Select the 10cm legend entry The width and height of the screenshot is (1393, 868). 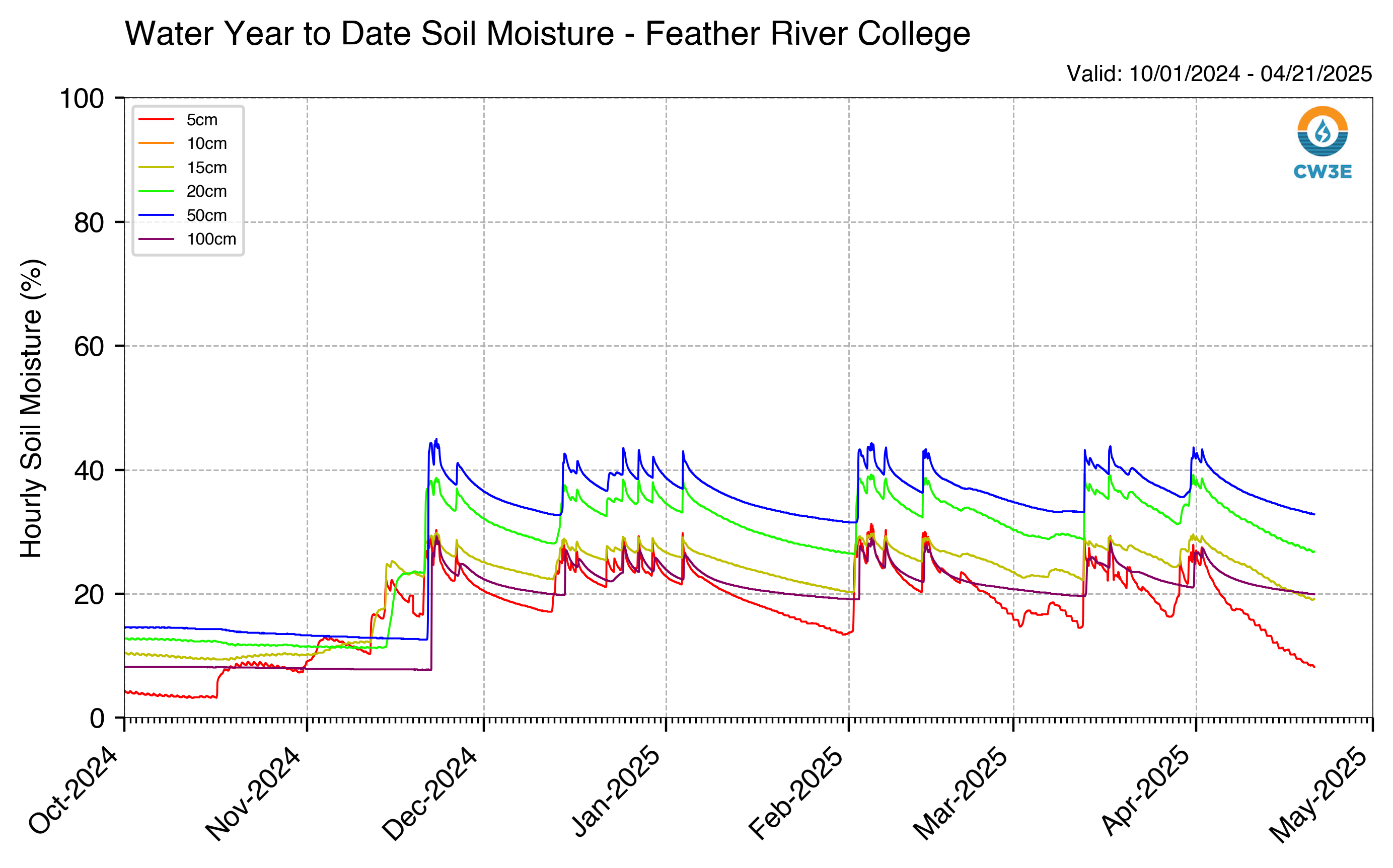click(183, 143)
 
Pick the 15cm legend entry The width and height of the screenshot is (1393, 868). click(183, 168)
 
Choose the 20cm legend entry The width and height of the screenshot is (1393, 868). click(183, 191)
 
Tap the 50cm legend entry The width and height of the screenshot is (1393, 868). click(183, 215)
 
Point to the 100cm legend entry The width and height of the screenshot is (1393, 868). click(187, 239)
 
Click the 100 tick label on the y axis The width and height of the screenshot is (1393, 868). click(82, 99)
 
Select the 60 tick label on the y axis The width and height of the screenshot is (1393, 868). click(89, 346)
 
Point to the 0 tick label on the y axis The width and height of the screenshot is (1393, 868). click(97, 718)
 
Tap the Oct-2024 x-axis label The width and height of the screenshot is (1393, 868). click(73, 791)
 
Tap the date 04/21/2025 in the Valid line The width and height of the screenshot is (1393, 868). click(1316, 74)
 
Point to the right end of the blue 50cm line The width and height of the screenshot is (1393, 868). click(1314, 514)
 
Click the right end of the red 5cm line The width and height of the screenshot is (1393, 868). click(1314, 667)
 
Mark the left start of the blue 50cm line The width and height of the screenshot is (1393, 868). click(125, 627)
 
